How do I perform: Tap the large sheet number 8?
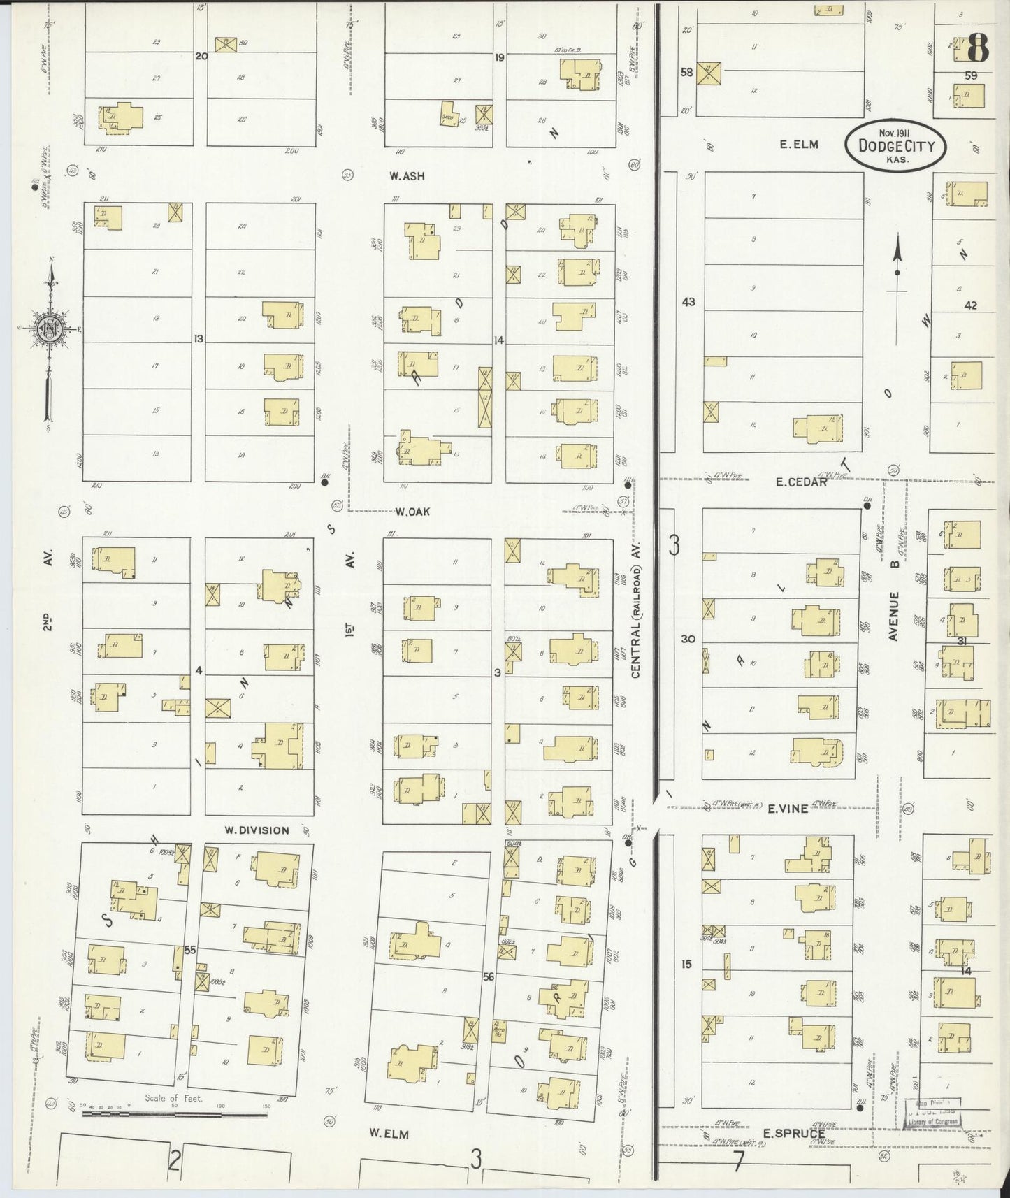[x=978, y=49]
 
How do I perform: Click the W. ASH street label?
[x=407, y=176]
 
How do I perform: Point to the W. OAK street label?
[x=412, y=512]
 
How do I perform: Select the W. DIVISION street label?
[x=257, y=830]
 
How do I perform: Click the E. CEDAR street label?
[x=802, y=482]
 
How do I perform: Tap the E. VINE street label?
[x=788, y=809]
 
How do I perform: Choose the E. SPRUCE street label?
[x=793, y=1134]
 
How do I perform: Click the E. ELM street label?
[x=799, y=145]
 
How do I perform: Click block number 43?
[x=688, y=302]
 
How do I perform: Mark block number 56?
[x=488, y=976]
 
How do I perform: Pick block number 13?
[x=199, y=339]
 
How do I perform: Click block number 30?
[x=688, y=638]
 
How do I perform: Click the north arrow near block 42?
[x=897, y=266]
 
